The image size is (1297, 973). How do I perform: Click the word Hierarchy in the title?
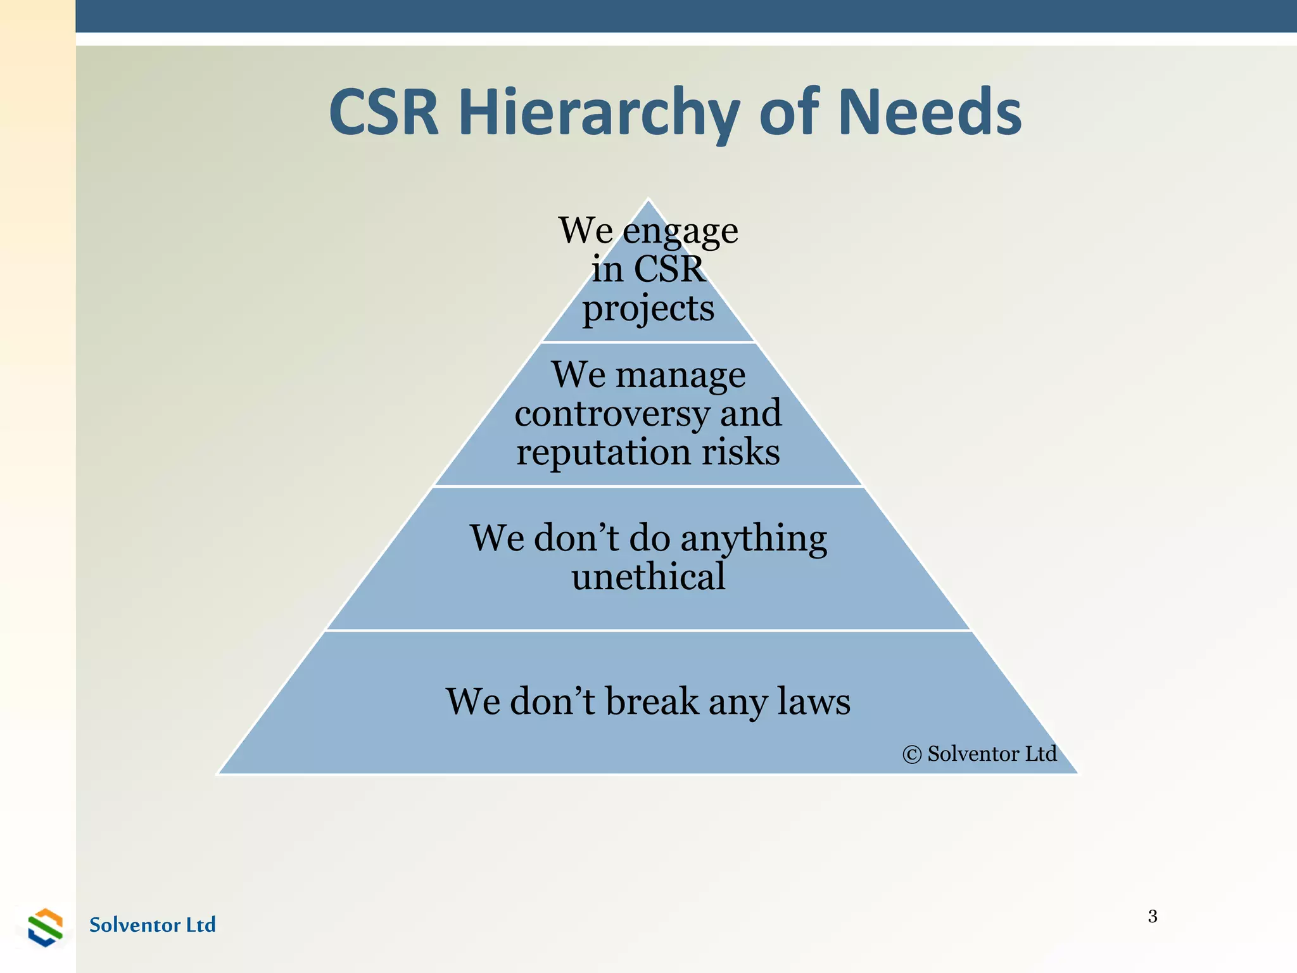(x=598, y=113)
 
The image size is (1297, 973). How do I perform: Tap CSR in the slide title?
(x=384, y=113)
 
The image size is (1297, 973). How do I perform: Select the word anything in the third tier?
(x=754, y=540)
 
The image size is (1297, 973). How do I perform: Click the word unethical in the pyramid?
(x=648, y=576)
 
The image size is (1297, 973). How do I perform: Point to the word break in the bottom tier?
(x=652, y=701)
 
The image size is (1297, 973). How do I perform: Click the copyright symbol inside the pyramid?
(x=911, y=754)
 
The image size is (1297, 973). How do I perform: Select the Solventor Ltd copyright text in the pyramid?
(x=992, y=754)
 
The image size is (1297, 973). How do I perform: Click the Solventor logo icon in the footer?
(x=46, y=927)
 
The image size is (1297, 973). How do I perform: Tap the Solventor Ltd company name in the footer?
(x=152, y=925)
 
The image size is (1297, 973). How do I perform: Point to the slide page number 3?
(x=1153, y=916)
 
